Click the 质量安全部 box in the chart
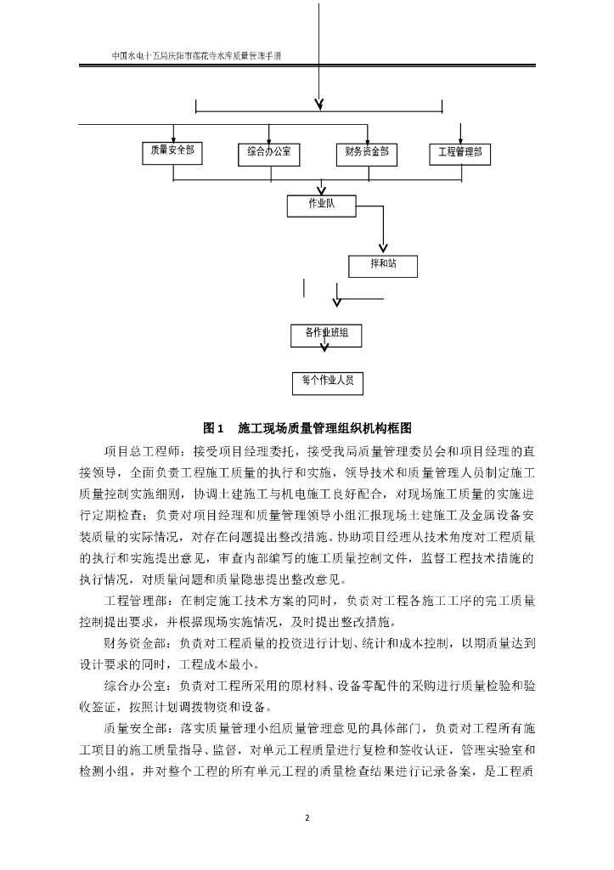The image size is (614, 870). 172,152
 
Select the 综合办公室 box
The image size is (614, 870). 269,153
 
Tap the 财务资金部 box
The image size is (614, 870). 367,152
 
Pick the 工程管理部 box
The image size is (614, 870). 459,153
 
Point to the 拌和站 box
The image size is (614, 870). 383,265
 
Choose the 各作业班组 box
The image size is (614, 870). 326,334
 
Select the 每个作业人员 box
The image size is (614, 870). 327,382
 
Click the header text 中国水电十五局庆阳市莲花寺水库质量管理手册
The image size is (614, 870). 197,56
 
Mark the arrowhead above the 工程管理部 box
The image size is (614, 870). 460,139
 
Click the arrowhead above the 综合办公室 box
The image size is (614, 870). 269,139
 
